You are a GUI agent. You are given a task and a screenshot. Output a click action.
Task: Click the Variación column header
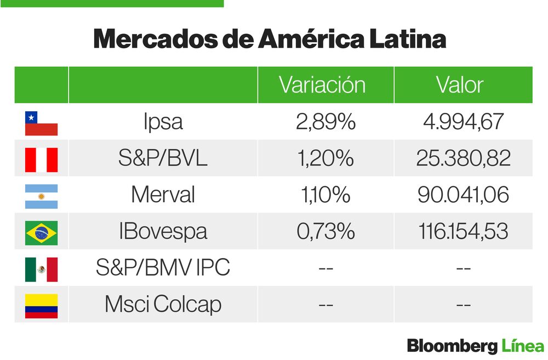(322, 85)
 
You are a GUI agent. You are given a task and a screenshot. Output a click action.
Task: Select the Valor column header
(459, 85)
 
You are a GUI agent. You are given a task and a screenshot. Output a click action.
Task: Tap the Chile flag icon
(41, 123)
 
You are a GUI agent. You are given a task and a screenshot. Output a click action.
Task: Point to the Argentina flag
(41, 196)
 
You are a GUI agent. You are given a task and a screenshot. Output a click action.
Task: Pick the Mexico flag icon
(41, 269)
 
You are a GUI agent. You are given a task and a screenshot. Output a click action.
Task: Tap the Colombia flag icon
(41, 306)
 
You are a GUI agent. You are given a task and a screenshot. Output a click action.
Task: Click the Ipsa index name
(163, 122)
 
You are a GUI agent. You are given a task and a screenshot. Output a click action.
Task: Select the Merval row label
(163, 195)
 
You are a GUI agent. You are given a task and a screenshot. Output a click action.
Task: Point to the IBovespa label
(163, 232)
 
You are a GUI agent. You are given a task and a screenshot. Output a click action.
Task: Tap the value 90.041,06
(463, 195)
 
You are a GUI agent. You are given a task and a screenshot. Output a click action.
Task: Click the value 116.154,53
(463, 232)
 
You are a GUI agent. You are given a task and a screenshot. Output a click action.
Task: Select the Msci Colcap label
(163, 305)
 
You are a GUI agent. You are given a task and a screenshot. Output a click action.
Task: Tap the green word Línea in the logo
(522, 346)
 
